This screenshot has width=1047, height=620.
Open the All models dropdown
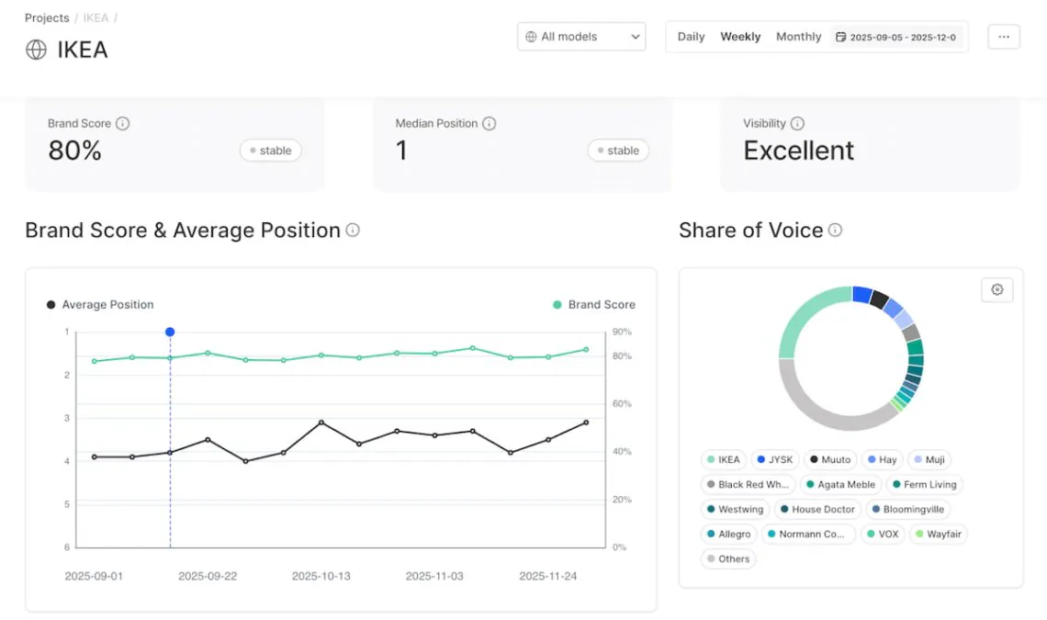tap(581, 37)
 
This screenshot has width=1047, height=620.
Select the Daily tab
tap(691, 37)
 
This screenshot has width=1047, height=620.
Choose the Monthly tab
tap(798, 37)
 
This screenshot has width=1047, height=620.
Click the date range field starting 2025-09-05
tap(897, 38)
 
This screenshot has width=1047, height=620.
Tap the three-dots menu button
tap(1004, 37)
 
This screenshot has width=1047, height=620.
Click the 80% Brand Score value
tap(74, 151)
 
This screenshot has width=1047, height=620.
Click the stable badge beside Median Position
tap(618, 151)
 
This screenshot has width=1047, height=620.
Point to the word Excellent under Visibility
tap(798, 151)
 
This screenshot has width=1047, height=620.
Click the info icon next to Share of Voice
tap(835, 231)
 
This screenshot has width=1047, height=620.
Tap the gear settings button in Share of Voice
tap(996, 289)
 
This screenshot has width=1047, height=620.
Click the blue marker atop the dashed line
tap(170, 332)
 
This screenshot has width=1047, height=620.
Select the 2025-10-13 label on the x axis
tap(321, 576)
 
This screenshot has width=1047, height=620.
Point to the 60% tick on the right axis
tap(621, 404)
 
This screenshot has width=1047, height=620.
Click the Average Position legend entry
tap(100, 305)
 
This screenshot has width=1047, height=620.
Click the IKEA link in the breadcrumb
tap(96, 18)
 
